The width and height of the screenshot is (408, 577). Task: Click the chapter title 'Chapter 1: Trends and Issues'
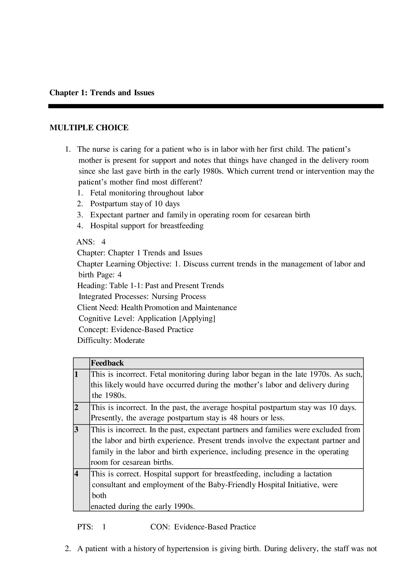102,93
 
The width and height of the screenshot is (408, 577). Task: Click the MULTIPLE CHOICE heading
89,128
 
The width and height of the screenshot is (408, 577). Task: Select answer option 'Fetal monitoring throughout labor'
147,193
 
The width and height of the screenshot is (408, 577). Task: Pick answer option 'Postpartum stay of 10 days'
135,204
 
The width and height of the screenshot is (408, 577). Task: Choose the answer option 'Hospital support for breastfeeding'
147,226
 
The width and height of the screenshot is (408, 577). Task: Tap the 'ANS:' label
85,242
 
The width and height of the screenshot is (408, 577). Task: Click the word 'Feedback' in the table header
107,363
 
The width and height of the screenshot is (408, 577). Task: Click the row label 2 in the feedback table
76,407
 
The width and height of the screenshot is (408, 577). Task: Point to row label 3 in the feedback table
76,430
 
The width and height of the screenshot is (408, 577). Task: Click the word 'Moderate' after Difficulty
129,340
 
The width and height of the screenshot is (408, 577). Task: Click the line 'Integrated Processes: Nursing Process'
142,297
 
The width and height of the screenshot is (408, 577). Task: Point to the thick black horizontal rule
216,106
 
